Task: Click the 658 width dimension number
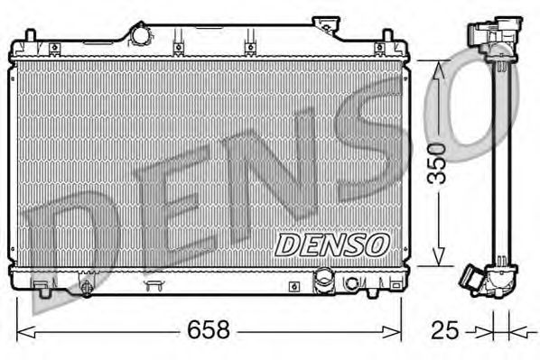tap(209, 329)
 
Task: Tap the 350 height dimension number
tap(437, 162)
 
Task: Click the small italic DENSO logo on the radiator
tap(331, 244)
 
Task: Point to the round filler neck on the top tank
tap(141, 34)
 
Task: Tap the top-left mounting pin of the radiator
tap(30, 37)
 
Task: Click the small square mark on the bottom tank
tap(294, 286)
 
